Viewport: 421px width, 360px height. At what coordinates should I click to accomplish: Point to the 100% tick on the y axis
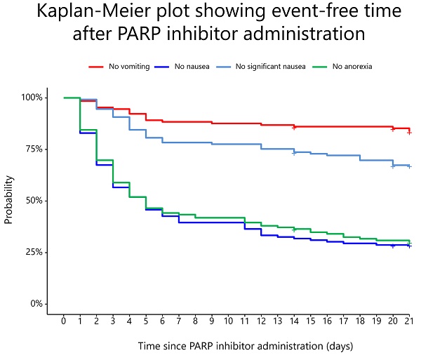point(32,98)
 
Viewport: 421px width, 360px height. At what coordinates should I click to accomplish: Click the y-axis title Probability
point(10,201)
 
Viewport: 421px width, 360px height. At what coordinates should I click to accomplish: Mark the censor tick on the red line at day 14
point(294,127)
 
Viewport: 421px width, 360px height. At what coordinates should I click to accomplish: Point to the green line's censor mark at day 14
point(294,229)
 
